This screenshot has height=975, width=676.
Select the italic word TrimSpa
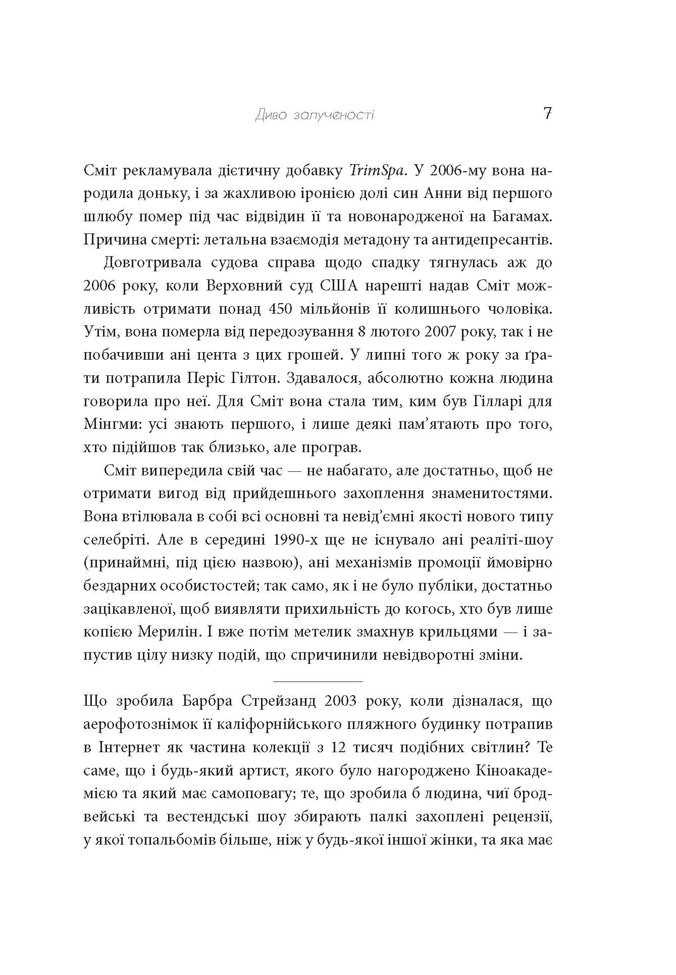point(378,171)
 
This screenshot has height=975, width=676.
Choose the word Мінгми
point(112,425)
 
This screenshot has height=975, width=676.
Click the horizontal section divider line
point(318,681)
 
